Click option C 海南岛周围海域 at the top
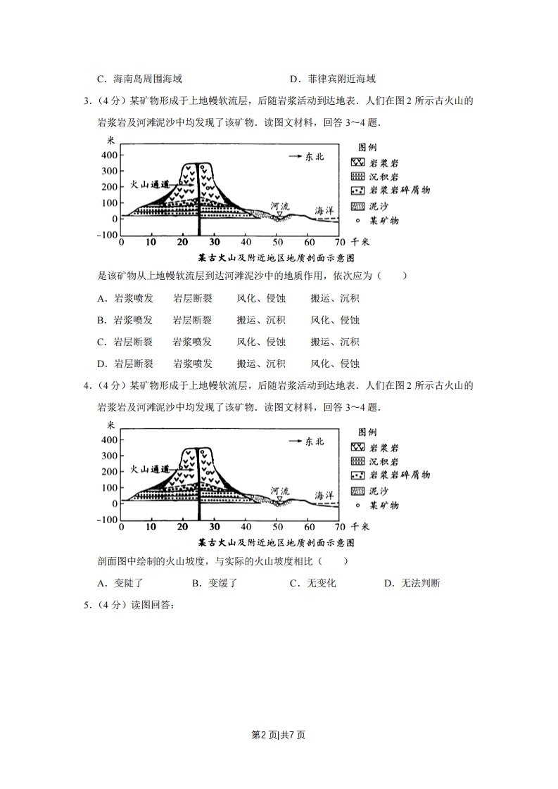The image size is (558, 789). pos(144,79)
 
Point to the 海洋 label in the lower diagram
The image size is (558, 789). pos(323,495)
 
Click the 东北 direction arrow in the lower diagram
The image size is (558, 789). pos(305,442)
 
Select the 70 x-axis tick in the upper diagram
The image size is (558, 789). pos(340,242)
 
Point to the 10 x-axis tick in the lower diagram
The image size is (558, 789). pos(151,527)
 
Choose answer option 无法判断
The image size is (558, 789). pos(412,583)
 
